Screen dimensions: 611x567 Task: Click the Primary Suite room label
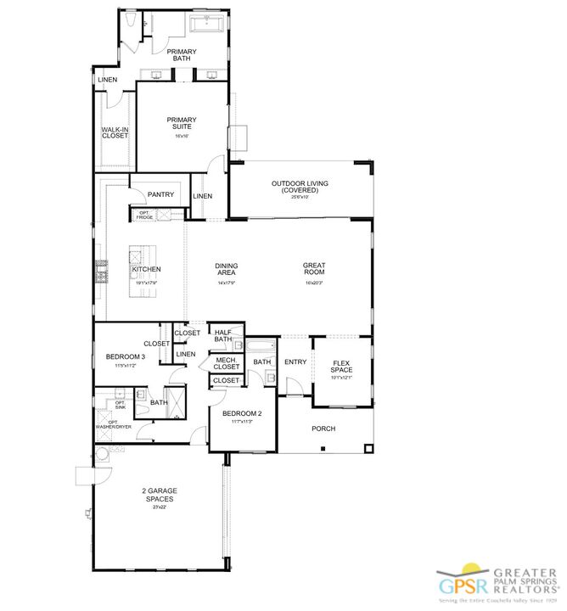pyautogui.click(x=181, y=123)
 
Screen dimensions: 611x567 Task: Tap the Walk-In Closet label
pyautogui.click(x=115, y=132)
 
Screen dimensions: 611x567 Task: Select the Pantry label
pyautogui.click(x=160, y=194)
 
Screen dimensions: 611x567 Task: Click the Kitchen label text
pyautogui.click(x=145, y=270)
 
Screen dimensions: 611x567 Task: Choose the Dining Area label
pyautogui.click(x=226, y=269)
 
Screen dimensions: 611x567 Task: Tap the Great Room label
pyautogui.click(x=314, y=269)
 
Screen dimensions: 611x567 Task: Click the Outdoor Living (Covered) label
pyautogui.click(x=300, y=187)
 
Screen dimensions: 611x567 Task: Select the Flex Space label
pyautogui.click(x=342, y=366)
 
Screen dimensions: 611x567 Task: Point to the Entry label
pyautogui.click(x=295, y=362)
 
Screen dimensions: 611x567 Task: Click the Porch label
pyautogui.click(x=323, y=429)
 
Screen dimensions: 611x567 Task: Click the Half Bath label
pyautogui.click(x=223, y=336)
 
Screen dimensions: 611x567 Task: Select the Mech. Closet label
pyautogui.click(x=226, y=363)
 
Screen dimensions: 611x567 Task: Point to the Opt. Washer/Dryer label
pyautogui.click(x=112, y=423)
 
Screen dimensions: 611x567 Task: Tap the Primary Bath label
pyautogui.click(x=182, y=55)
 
